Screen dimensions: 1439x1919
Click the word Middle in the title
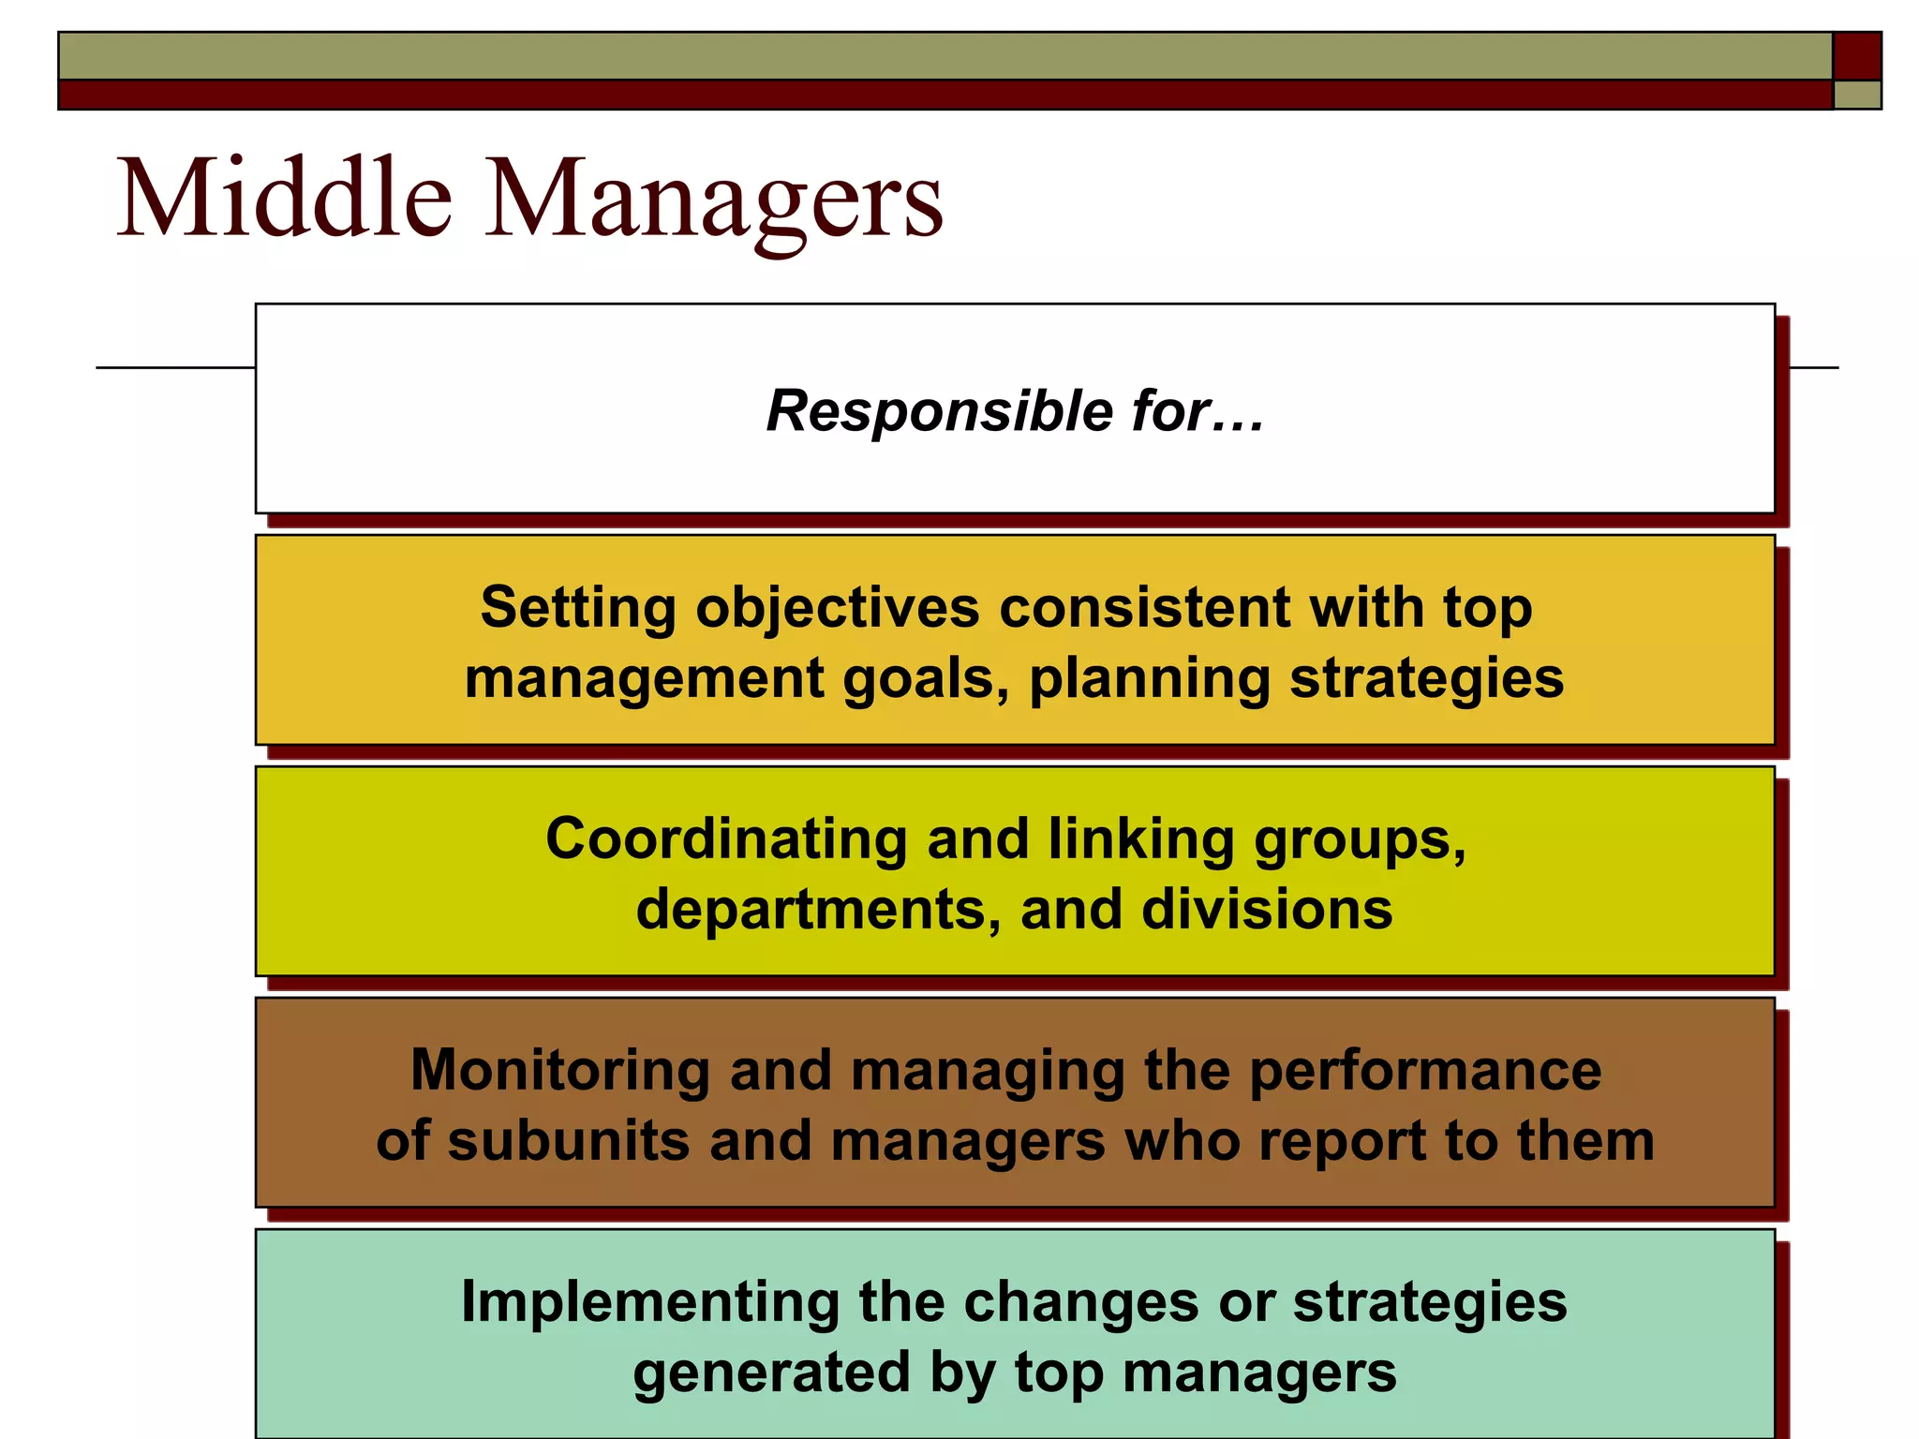pos(284,198)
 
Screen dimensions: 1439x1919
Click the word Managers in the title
pos(715,200)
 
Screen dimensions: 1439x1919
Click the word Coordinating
pos(726,838)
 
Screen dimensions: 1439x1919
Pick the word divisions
pos(1267,909)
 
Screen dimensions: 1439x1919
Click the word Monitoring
pos(560,1070)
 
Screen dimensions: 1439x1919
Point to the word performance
pos(1425,1070)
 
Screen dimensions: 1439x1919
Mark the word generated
pos(771,1372)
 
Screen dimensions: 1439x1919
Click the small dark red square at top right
pos(1856,56)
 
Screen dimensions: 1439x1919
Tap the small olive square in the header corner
pos(1856,95)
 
